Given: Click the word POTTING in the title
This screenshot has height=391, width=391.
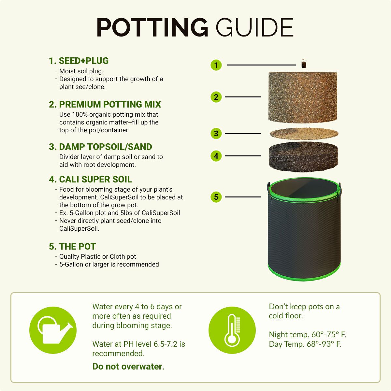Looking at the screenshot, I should [152, 27].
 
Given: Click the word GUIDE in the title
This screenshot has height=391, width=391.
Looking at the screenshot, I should [255, 27].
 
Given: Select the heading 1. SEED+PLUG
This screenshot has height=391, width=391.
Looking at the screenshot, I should [79, 61].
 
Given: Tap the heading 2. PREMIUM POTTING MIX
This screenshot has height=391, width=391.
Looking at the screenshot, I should [105, 105].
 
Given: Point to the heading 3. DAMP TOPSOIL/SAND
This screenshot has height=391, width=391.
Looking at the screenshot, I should [100, 147].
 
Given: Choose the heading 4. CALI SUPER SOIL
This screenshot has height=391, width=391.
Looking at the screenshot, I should [90, 180].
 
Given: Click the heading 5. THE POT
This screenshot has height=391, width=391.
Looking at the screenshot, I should [72, 247].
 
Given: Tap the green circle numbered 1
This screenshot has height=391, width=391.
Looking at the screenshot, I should [216, 65].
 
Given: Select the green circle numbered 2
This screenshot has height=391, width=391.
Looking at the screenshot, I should [216, 97].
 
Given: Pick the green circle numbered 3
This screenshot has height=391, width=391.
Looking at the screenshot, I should [216, 134].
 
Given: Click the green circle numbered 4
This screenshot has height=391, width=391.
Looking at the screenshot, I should [216, 156].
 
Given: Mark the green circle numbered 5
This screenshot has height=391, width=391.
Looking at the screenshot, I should [216, 197].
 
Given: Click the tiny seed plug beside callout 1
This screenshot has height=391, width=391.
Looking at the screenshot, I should [304, 64].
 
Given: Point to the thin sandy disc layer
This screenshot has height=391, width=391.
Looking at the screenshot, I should [304, 133].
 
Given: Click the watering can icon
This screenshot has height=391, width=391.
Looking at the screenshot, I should [53, 330].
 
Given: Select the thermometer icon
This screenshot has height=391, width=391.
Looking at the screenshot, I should [232, 330].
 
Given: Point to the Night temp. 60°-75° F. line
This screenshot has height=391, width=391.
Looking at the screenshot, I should [307, 335].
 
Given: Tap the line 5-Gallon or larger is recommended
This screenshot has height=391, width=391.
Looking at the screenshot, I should [109, 265].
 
